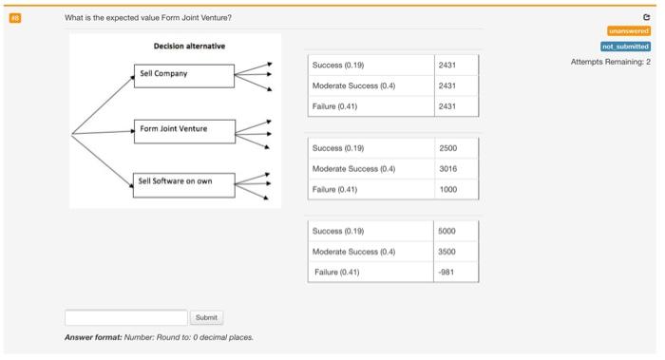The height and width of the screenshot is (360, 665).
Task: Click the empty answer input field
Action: tap(125, 317)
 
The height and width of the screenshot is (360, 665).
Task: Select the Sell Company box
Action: tap(183, 74)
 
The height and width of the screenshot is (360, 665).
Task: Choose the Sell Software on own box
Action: tap(183, 181)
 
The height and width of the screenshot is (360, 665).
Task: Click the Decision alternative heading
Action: tap(189, 46)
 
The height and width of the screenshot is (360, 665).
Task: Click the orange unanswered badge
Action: tap(629, 30)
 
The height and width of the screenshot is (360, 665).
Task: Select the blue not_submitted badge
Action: tap(626, 46)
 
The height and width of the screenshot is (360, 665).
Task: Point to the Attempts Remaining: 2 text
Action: tap(610, 62)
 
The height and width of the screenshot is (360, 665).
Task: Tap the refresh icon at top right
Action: tap(646, 17)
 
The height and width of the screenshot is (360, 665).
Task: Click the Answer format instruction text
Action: tap(160, 337)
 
